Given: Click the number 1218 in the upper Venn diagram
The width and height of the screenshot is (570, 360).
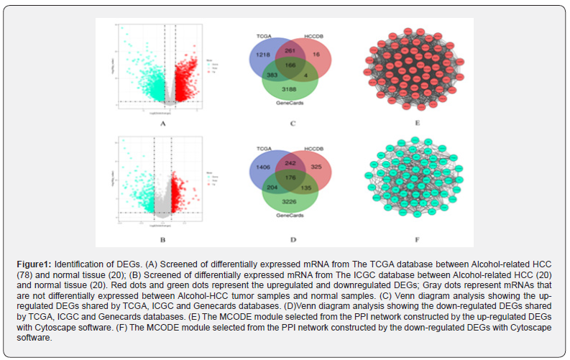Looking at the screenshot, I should (x=262, y=55).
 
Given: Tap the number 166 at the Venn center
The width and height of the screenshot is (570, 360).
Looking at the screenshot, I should (x=290, y=65).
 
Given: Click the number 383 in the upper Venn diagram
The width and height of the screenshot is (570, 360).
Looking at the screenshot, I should (x=272, y=75).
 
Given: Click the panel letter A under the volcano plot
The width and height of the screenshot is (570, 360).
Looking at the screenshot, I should (x=163, y=124).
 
